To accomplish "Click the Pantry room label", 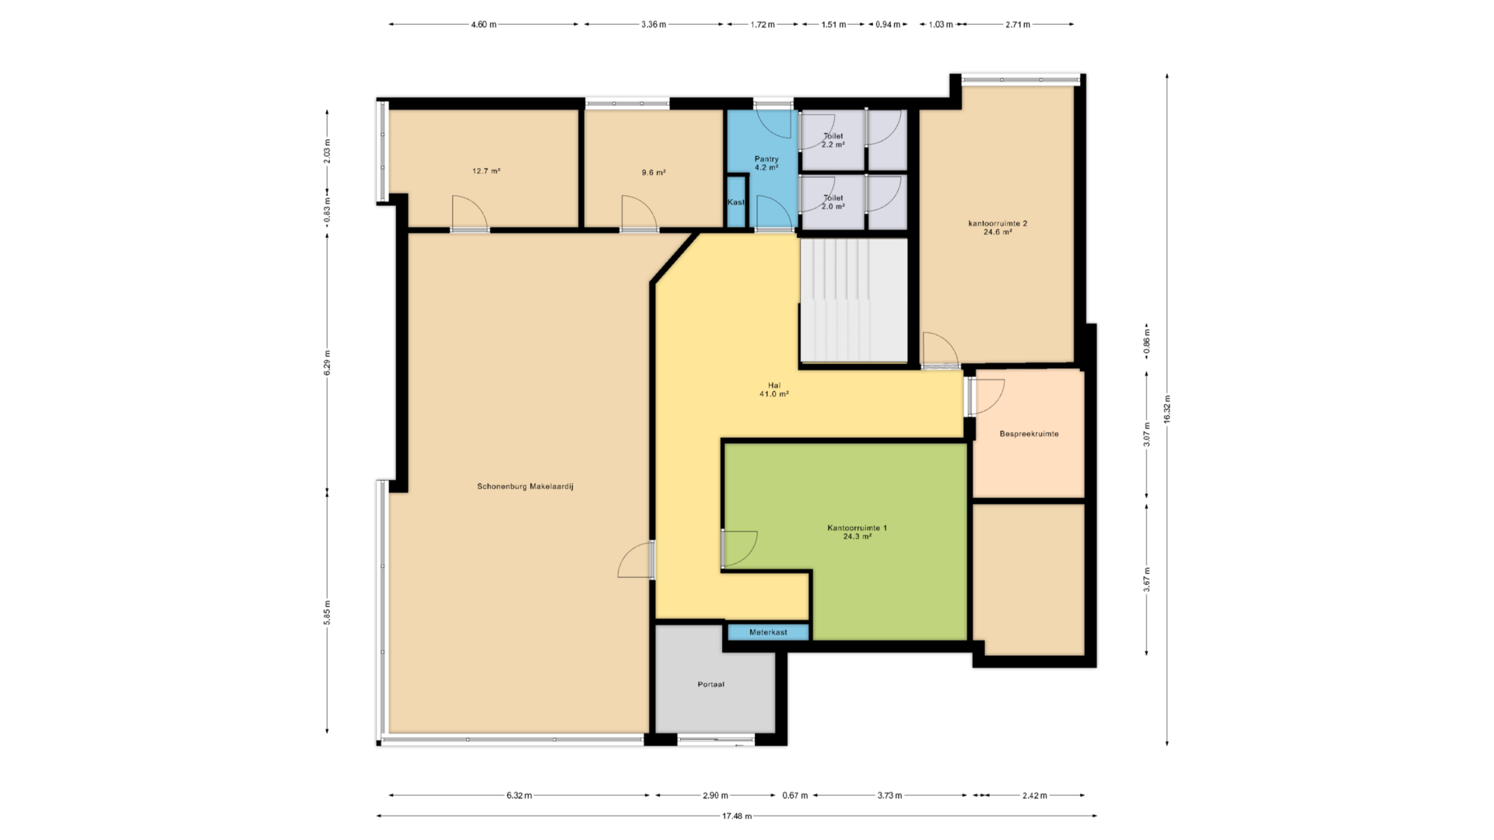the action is point(766,159).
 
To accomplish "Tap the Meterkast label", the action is point(768,632).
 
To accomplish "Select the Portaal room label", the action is point(711,684).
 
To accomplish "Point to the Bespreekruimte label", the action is point(1029,434).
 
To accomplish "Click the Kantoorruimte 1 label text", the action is point(857,528).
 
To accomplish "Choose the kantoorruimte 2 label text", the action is point(998,223).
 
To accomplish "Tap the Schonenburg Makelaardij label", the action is point(525,487).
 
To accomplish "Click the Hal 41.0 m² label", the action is point(774,390).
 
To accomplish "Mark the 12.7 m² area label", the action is point(486,171).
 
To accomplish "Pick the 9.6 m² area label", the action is point(654,173).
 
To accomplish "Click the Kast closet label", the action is point(736,202).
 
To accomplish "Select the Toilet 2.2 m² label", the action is point(833,140).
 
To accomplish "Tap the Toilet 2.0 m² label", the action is point(833,202).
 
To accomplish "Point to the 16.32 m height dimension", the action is point(1167,409).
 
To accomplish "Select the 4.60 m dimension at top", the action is point(483,24).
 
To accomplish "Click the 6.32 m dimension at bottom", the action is point(519,796).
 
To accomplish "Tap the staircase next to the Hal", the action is point(854,300).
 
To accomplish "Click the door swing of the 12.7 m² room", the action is point(469,212).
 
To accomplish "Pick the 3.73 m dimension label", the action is point(889,796).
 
